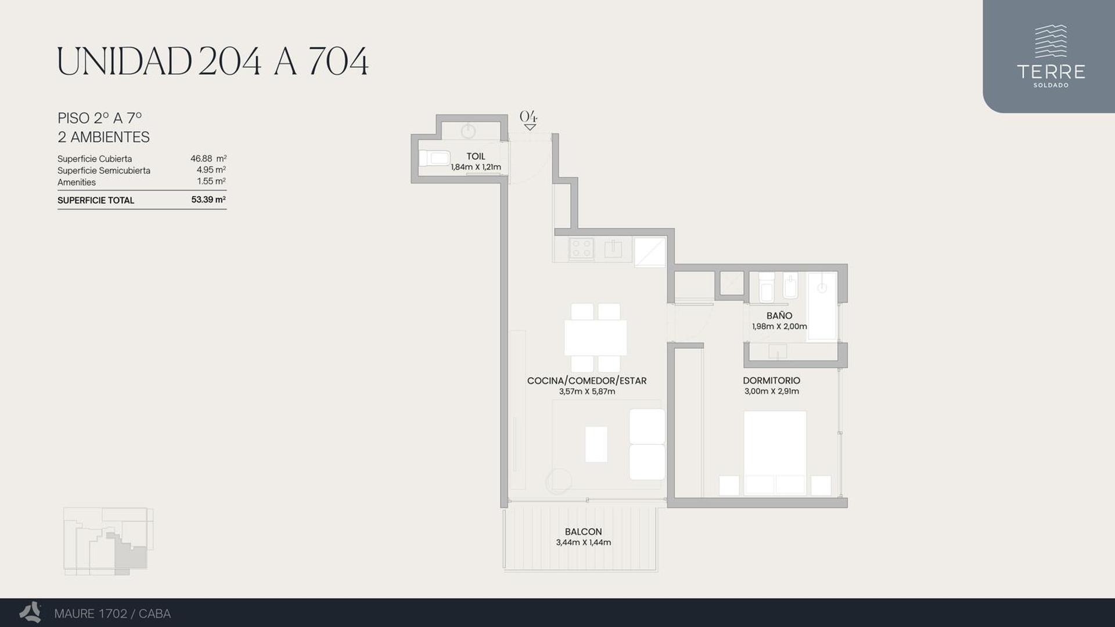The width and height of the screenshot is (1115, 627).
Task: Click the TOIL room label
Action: (x=476, y=156)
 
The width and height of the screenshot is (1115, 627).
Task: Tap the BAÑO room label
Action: (x=779, y=315)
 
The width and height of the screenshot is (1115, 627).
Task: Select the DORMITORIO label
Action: (x=771, y=380)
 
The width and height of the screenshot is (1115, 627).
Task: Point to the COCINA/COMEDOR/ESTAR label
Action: (x=587, y=380)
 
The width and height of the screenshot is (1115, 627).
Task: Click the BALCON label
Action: (x=583, y=531)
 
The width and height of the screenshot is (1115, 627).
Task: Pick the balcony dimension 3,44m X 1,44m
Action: (x=583, y=542)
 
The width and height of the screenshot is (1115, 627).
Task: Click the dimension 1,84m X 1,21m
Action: (x=476, y=167)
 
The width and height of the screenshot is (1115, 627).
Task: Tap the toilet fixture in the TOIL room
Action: (x=434, y=158)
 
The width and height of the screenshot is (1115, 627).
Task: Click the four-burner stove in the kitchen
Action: (x=581, y=248)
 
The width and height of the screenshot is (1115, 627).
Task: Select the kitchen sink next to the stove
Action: (x=613, y=249)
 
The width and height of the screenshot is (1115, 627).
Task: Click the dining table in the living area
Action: (x=595, y=337)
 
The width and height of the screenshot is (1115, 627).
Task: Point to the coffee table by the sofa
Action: (x=596, y=444)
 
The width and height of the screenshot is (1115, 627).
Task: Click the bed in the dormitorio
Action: (x=775, y=453)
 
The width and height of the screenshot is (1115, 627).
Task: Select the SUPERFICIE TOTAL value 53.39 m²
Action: (x=208, y=200)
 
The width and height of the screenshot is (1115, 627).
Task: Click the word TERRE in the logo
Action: (x=1051, y=71)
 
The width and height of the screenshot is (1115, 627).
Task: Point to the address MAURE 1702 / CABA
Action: (x=112, y=614)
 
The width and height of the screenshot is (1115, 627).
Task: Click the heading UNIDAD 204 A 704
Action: (x=213, y=62)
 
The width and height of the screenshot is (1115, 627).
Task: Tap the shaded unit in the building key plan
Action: (x=129, y=553)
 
